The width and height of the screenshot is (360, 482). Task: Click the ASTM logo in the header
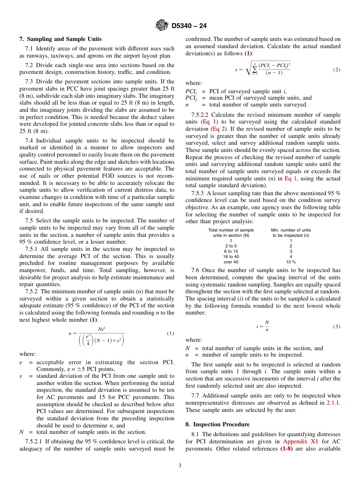(162, 25)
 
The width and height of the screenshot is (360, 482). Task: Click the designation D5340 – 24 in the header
(189, 26)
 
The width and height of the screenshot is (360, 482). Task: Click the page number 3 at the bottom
(180, 465)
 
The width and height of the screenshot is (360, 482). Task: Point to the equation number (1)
(171, 333)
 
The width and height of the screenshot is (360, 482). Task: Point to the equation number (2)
(337, 70)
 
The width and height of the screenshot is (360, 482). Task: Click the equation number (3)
(337, 326)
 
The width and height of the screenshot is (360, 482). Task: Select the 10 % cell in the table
(291, 262)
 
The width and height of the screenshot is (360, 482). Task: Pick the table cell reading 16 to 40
(231, 257)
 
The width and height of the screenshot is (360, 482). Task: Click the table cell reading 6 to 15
(231, 251)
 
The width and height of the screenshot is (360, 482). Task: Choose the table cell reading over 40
(231, 262)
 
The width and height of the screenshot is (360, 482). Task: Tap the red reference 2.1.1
(333, 403)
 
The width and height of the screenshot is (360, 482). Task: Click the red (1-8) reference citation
(286, 449)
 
